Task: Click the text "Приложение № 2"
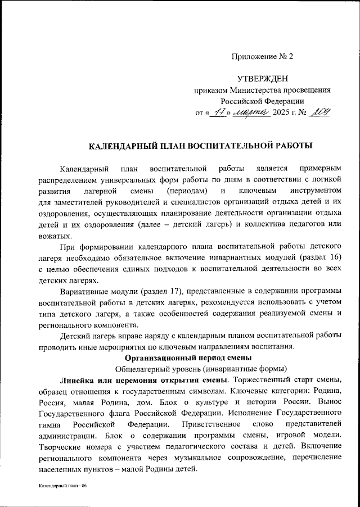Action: (263, 56)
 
